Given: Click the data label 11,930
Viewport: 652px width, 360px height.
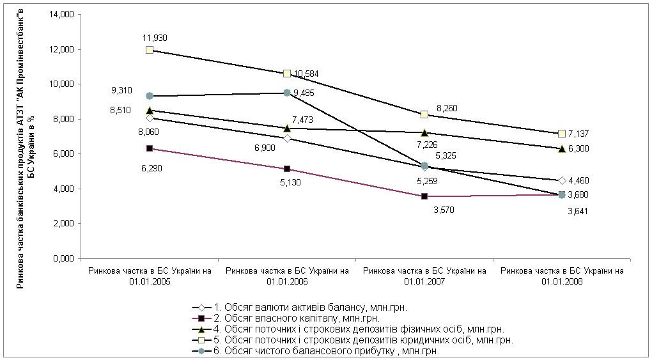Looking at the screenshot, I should coord(156,38).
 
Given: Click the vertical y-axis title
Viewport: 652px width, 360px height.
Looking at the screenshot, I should coord(25,138).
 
